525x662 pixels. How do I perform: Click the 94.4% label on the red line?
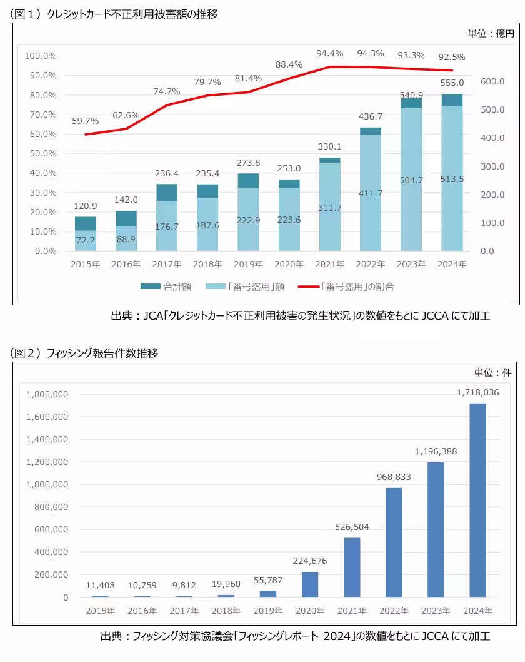click(x=329, y=53)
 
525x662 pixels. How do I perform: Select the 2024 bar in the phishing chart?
click(x=477, y=500)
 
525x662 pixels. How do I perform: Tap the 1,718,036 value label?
click(x=477, y=392)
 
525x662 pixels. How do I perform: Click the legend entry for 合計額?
click(x=167, y=287)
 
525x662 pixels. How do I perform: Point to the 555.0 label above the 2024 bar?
click(x=452, y=83)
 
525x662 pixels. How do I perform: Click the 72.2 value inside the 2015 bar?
click(x=86, y=240)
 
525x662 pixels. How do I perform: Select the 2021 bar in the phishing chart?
click(x=352, y=567)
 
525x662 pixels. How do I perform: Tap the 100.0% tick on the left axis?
click(x=41, y=56)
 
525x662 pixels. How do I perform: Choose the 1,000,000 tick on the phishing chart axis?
click(x=47, y=484)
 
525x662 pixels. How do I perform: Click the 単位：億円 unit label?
click(x=490, y=34)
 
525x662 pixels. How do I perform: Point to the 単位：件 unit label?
click(x=492, y=372)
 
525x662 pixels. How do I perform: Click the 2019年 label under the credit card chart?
click(x=248, y=264)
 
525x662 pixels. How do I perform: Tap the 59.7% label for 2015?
click(x=86, y=121)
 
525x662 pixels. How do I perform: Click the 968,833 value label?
click(x=394, y=477)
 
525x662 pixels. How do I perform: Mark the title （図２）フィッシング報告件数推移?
click(x=85, y=353)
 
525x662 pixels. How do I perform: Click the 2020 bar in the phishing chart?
click(x=310, y=584)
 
